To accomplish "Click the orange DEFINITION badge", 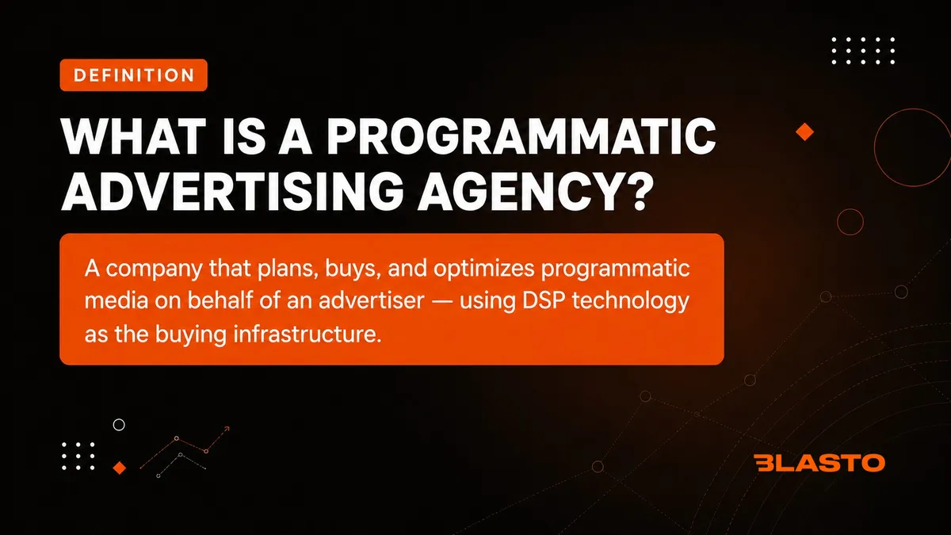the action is tap(134, 75).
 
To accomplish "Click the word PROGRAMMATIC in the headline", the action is tap(521, 136).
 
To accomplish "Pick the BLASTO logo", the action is tap(819, 463).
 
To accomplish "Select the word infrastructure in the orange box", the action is tap(307, 334).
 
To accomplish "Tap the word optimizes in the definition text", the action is tap(484, 269).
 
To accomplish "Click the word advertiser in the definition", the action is tap(372, 300).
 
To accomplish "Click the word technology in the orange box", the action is tap(631, 301).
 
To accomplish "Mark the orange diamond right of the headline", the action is tap(804, 132).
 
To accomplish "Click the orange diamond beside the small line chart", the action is tap(120, 468).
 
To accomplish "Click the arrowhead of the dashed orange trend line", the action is tap(227, 429).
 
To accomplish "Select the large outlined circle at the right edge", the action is tap(875, 147).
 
